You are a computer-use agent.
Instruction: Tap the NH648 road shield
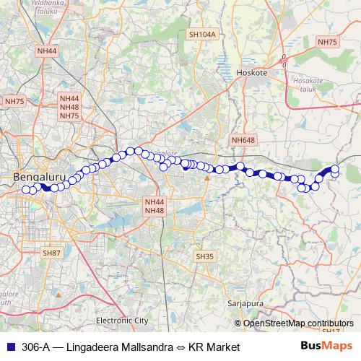[243, 139]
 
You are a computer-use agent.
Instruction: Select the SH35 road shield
[205, 256]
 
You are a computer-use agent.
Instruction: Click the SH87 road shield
[51, 253]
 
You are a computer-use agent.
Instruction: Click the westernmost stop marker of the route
[27, 190]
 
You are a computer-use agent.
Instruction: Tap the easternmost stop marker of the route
[335, 170]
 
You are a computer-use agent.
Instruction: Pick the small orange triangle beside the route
[207, 176]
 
